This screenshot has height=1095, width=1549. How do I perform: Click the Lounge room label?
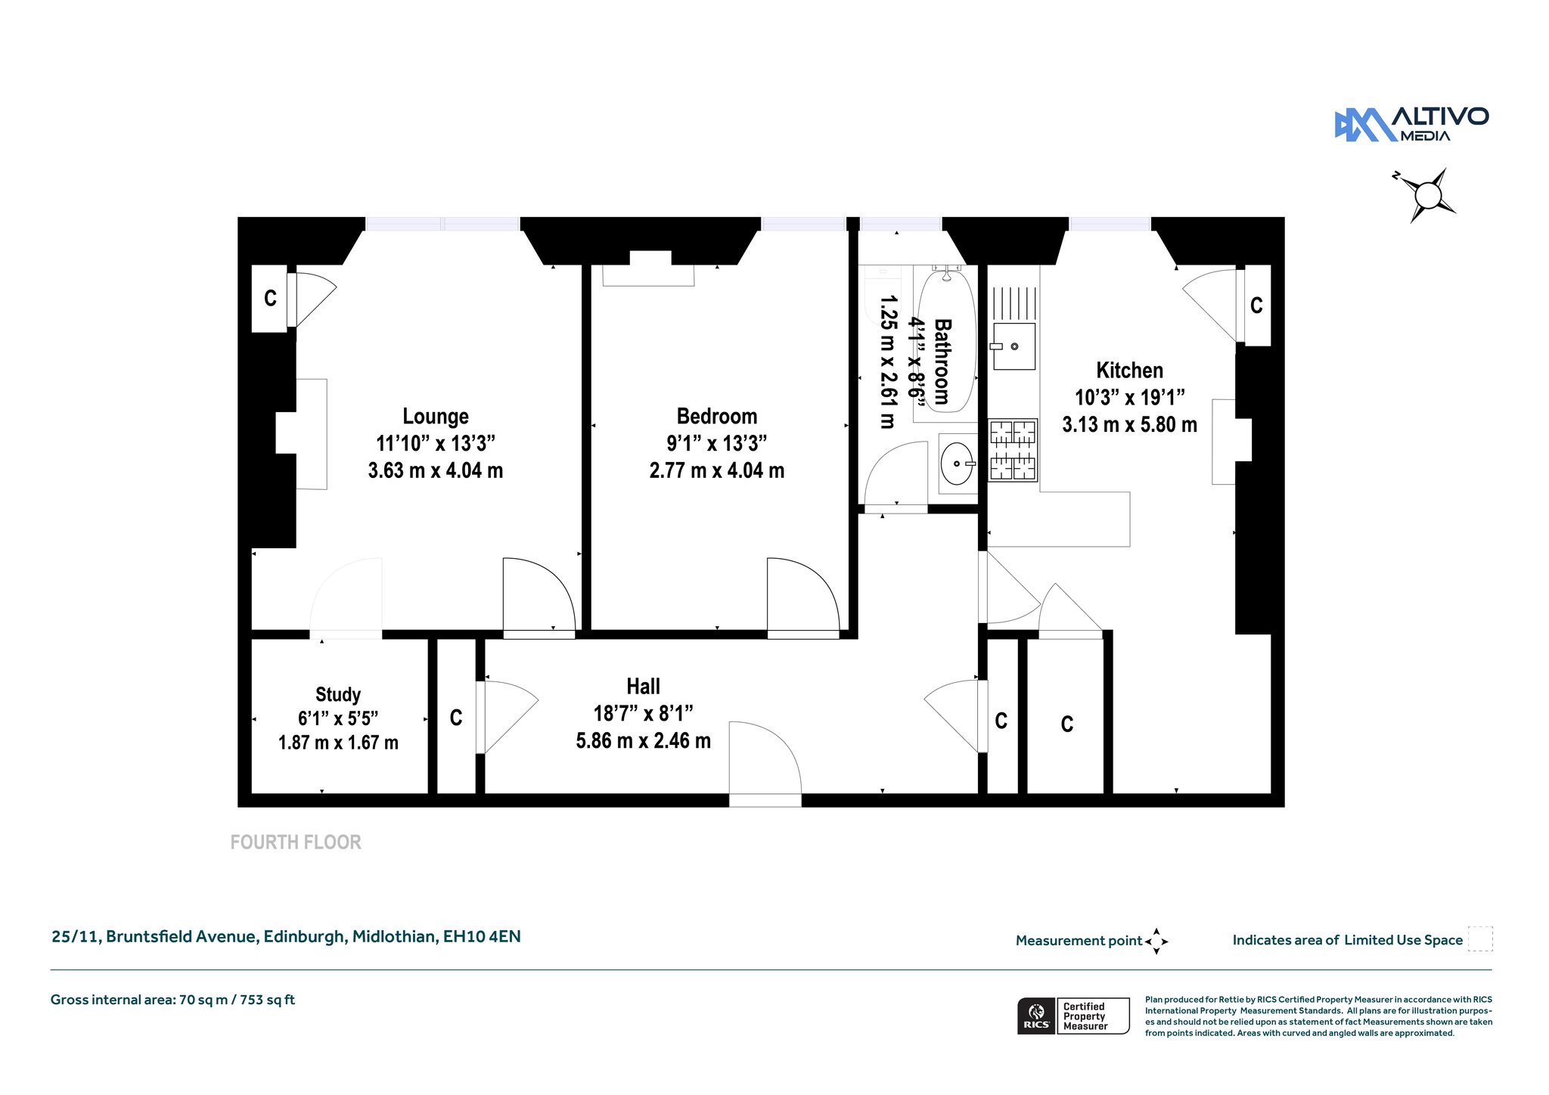(x=435, y=417)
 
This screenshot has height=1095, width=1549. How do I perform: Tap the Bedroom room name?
(x=717, y=417)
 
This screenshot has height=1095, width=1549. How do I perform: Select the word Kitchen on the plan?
(x=1129, y=371)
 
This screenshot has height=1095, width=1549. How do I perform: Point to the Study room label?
(x=338, y=694)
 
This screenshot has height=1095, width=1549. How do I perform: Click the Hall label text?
(x=643, y=687)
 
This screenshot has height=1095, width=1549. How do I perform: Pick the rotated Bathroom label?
(x=942, y=361)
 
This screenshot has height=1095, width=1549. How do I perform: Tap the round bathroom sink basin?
(x=957, y=463)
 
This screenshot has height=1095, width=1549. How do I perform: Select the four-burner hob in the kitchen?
(x=1014, y=451)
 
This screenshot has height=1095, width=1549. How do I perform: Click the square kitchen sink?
(x=1014, y=346)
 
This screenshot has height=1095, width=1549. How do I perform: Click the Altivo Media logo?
(x=1411, y=125)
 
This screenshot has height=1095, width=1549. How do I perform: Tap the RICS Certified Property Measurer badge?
(x=1073, y=1016)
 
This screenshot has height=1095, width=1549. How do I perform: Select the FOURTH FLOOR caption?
(x=296, y=842)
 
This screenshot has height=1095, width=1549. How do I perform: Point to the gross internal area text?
(x=172, y=1000)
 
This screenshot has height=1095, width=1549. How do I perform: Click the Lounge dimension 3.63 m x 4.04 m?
(x=435, y=470)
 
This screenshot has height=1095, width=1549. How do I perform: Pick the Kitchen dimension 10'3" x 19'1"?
(x=1129, y=398)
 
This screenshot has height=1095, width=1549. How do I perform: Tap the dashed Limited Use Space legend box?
(x=1480, y=939)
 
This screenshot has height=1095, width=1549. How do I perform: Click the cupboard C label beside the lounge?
(x=270, y=299)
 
